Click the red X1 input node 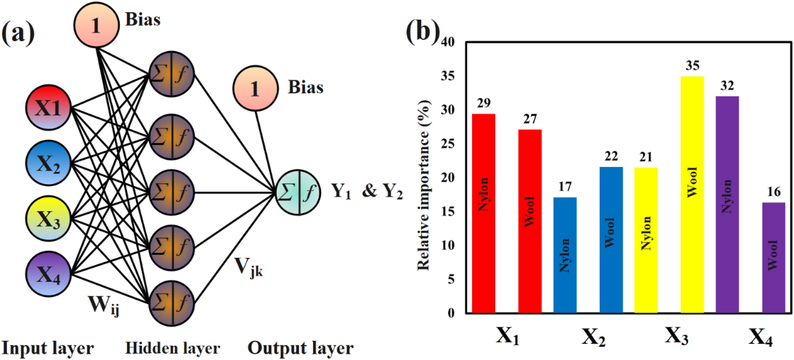(48, 108)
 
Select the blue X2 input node (48, 163)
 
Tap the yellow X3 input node (48, 219)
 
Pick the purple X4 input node (48, 274)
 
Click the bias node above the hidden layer (96, 25)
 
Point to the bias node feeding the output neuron (255, 88)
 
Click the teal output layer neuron (298, 192)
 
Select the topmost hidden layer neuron (171, 74)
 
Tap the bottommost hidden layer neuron (171, 303)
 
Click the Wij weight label (104, 305)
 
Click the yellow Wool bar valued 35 (692, 195)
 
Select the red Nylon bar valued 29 (484, 213)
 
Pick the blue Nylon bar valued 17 (565, 255)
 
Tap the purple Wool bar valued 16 (773, 257)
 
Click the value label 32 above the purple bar (727, 86)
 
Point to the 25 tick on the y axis (448, 143)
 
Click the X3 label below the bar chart (676, 336)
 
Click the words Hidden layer (172, 348)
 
